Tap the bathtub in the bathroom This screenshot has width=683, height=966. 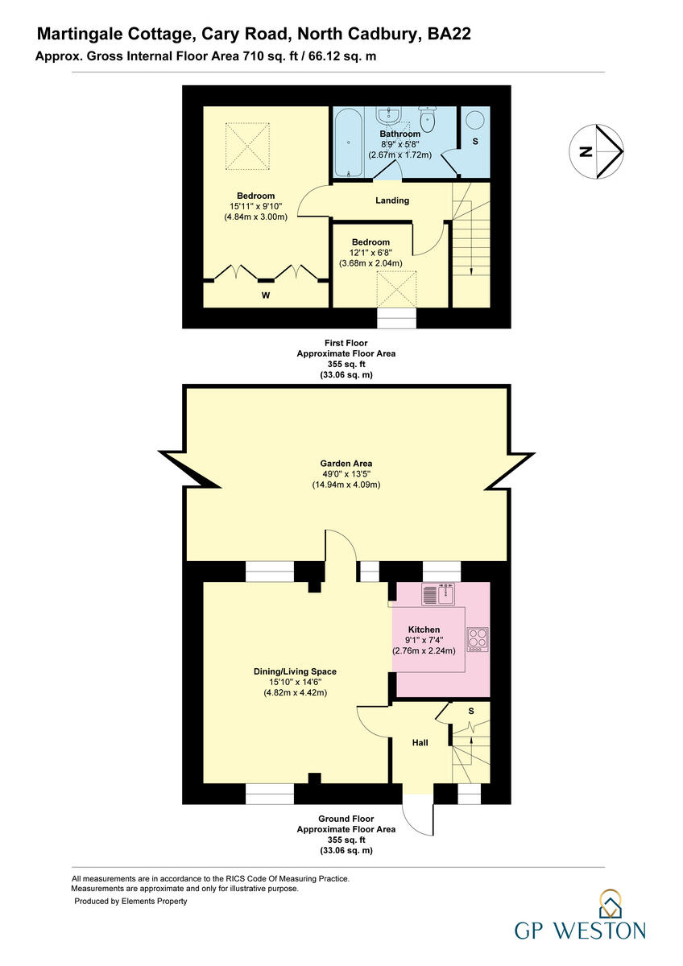[x=349, y=142]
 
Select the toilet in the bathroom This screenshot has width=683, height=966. [x=428, y=122]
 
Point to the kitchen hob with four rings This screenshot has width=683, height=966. [x=477, y=638]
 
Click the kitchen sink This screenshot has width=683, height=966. [x=438, y=594]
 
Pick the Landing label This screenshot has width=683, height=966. [x=392, y=200]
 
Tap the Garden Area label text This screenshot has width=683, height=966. [x=346, y=463]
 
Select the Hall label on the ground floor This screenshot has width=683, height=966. [x=420, y=743]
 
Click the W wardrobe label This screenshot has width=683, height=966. [x=265, y=295]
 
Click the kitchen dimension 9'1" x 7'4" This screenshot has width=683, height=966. [x=424, y=640]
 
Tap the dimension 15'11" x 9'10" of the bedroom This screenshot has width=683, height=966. [x=256, y=206]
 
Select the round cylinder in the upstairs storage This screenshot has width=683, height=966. [x=474, y=121]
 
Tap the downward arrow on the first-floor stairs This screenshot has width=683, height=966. [x=471, y=270]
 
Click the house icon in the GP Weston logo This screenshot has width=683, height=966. [x=609, y=906]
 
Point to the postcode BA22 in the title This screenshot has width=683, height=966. [x=449, y=34]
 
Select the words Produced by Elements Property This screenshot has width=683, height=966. [x=130, y=901]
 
